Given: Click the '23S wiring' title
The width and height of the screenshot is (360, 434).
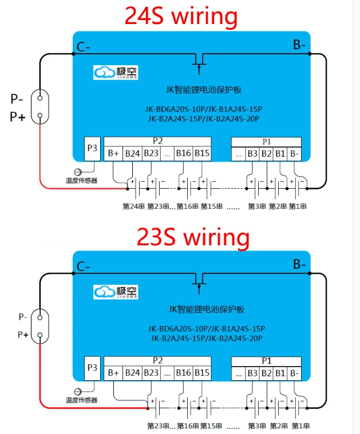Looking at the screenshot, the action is pyautogui.click(x=192, y=236).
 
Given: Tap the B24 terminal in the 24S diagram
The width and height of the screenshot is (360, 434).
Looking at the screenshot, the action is pyautogui.click(x=132, y=153).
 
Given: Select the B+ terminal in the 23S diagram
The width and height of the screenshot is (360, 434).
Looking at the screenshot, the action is pyautogui.click(x=113, y=373).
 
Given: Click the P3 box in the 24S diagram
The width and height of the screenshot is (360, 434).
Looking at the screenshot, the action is pyautogui.click(x=92, y=148).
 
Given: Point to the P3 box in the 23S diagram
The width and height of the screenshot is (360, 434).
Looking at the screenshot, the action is pyautogui.click(x=92, y=368).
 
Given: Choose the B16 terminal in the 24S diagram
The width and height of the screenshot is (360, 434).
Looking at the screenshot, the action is pyautogui.click(x=183, y=153).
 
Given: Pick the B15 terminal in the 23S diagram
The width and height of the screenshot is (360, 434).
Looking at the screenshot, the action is pyautogui.click(x=201, y=373).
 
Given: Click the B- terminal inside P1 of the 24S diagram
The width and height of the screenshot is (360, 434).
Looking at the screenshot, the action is pyautogui.click(x=294, y=153).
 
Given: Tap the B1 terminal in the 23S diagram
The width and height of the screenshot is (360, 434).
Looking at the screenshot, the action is pyautogui.click(x=280, y=373).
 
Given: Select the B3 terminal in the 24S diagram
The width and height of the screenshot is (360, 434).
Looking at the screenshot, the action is pyautogui.click(x=252, y=153).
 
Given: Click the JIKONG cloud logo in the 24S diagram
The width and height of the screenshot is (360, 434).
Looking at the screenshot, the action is pyautogui.click(x=116, y=73).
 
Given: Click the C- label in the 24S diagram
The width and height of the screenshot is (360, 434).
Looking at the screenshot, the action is pyautogui.click(x=84, y=46).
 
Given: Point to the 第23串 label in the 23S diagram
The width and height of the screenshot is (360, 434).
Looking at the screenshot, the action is pyautogui.click(x=157, y=426).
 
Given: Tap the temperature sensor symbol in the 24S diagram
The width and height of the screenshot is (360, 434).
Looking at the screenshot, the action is pyautogui.click(x=78, y=172).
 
